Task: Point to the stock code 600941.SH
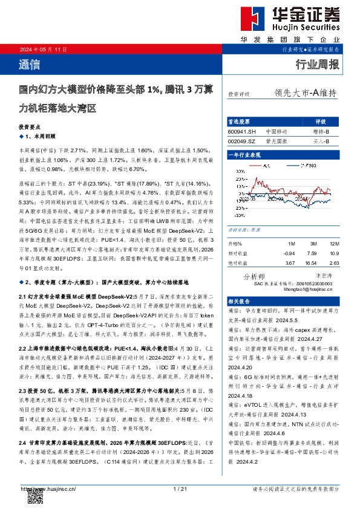click(x=242, y=131)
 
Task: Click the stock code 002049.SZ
click(x=242, y=141)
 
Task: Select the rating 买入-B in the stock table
click(x=321, y=141)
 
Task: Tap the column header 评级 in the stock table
click(x=321, y=121)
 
